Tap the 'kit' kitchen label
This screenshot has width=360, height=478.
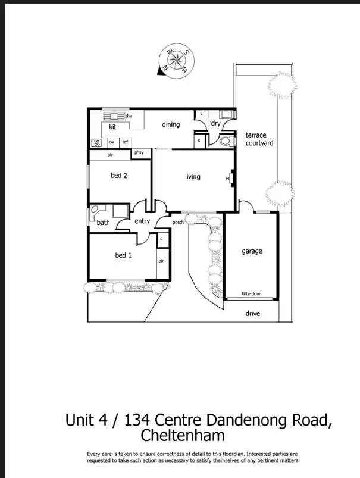[112, 127]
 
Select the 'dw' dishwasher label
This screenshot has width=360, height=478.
[128, 115]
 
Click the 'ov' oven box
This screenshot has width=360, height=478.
[111, 142]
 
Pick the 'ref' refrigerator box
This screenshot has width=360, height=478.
[125, 142]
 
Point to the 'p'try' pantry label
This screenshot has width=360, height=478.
[140, 153]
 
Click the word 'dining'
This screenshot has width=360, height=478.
[171, 124]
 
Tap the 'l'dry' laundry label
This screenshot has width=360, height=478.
[214, 124]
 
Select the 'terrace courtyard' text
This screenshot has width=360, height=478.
[259, 139]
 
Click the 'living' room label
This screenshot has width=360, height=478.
[193, 177]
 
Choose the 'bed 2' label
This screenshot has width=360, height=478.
[119, 176]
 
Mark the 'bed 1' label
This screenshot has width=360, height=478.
[123, 255]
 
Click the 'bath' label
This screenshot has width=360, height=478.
[104, 223]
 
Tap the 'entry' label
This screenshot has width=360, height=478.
[142, 221]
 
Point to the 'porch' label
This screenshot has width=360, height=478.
[178, 223]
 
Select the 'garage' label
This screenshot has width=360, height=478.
[252, 251]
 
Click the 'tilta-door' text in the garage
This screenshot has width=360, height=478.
[252, 294]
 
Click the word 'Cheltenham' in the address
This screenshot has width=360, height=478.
[183, 435]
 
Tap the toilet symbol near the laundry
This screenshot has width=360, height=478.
[224, 142]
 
